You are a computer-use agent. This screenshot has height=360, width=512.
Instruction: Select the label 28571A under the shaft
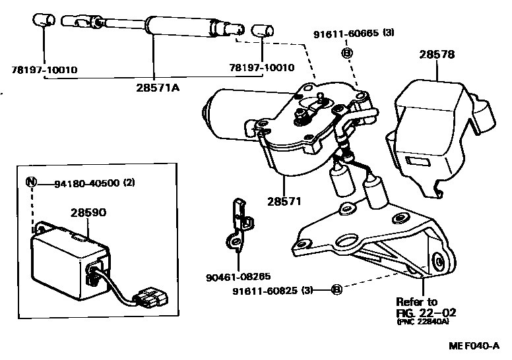tap(154, 87)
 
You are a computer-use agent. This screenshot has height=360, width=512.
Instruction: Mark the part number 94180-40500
tap(86, 183)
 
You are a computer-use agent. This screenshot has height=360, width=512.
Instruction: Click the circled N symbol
tap(30, 183)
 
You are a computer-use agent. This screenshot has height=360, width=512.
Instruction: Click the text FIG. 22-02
tap(426, 313)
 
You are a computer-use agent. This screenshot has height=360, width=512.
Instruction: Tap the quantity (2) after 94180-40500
tap(128, 183)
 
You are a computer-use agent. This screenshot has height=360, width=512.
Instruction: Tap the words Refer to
tap(416, 301)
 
